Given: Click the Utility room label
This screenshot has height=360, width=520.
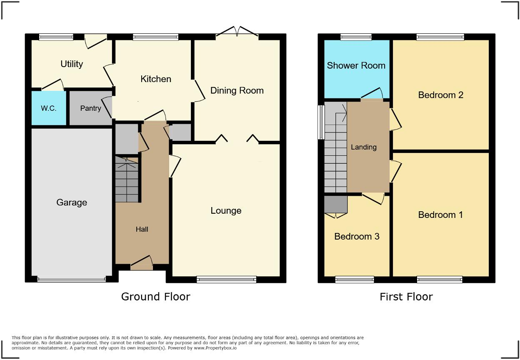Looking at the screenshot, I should [x=72, y=64].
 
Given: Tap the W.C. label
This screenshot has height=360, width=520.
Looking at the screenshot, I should [x=48, y=108].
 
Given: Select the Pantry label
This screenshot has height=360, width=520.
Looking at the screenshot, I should [x=90, y=108].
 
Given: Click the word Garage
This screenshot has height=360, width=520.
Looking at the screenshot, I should [x=72, y=202].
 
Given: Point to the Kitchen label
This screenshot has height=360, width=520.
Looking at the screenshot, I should [x=156, y=79].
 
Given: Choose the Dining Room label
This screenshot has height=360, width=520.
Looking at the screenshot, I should [x=237, y=91].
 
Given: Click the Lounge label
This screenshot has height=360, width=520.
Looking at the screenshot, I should [x=226, y=211].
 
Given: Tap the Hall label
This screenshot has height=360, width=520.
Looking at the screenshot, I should [x=142, y=229].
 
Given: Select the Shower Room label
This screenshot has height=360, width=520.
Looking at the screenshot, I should [x=356, y=66].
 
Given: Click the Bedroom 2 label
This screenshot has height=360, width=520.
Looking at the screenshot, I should [x=440, y=95].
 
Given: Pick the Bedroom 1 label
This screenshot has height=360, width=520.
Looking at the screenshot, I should [x=440, y=215].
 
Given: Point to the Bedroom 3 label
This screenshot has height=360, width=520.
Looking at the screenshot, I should [x=357, y=237].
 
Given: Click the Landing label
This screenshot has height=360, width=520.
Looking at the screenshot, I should [x=363, y=147].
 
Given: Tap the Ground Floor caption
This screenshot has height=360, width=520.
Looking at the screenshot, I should [x=155, y=297].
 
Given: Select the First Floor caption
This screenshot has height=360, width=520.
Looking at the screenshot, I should [x=406, y=297].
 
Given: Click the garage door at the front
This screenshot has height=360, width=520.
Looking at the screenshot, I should [x=71, y=280].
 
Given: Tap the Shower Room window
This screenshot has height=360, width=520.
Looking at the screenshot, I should [x=355, y=37].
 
